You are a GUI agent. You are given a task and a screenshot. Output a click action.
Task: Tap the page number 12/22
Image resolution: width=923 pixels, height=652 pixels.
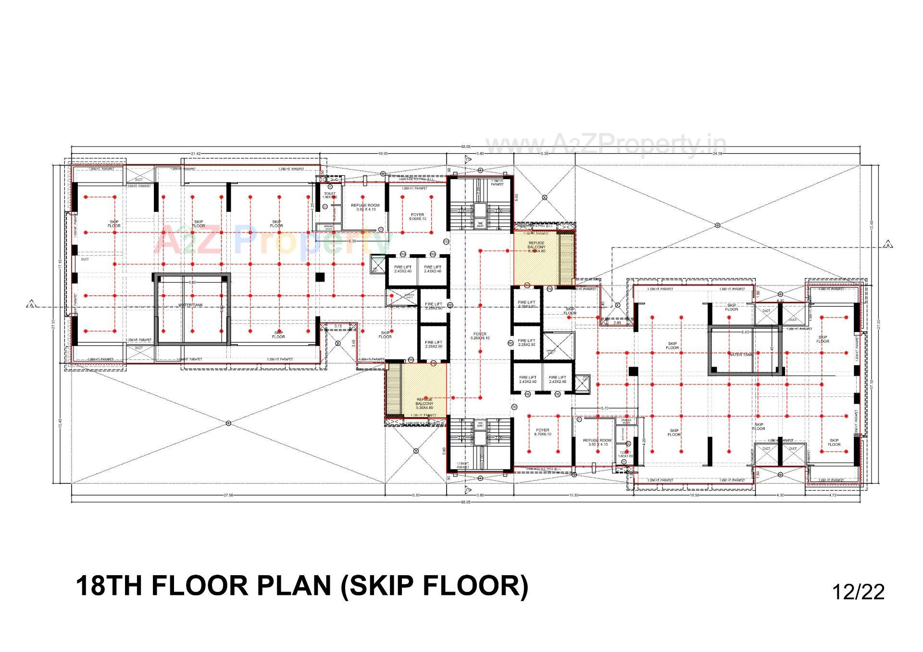tap(858, 592)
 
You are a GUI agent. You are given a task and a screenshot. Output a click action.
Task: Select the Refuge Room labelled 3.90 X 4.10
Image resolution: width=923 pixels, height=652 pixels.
tap(365, 207)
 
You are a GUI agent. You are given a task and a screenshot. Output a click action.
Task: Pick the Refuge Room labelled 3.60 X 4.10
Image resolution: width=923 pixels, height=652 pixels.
tap(597, 442)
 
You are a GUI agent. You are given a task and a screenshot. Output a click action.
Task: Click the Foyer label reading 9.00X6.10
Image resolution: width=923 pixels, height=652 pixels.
tap(417, 217)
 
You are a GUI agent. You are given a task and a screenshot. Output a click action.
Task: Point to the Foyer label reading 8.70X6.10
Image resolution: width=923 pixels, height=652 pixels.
tap(542, 432)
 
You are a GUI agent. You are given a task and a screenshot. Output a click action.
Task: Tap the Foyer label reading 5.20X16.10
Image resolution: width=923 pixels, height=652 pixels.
tap(480, 335)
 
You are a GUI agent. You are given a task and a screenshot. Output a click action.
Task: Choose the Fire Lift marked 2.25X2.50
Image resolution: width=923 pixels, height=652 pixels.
tap(433, 306)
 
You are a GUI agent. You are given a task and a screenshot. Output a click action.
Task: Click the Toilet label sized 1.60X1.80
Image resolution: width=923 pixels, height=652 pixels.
tap(625, 454)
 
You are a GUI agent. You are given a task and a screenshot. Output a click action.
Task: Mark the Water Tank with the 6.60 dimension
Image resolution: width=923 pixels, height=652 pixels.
tap(191, 305)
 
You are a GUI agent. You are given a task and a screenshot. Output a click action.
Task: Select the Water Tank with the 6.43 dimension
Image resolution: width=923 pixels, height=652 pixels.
tap(741, 354)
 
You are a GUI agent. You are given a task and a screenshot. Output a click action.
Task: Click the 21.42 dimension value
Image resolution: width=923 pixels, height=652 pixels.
tap(196, 154)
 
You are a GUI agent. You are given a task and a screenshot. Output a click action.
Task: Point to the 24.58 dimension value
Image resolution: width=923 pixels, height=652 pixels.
tap(718, 154)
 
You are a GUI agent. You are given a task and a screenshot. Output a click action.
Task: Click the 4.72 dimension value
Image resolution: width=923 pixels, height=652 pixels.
tap(833, 495)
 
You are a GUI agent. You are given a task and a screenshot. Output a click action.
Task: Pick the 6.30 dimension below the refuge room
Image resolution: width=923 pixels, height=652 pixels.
tap(352, 241)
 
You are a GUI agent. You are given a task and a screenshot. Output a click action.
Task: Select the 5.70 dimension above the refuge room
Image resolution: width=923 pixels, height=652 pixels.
tap(605, 408)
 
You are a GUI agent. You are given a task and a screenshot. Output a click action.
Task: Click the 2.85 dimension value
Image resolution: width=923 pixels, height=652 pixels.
tap(617, 323)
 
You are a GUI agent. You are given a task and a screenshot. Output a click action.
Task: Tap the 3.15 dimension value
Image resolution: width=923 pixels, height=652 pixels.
tap(338, 326)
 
